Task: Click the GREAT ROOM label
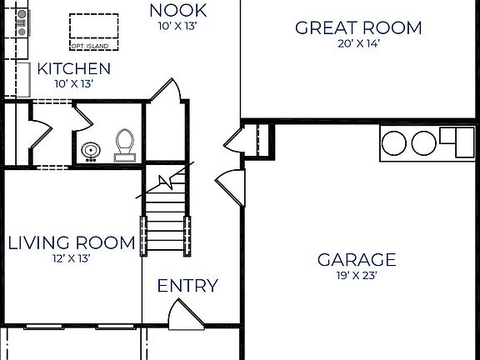[358, 27]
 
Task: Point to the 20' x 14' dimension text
[358, 44]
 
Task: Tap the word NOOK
[177, 11]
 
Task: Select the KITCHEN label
[74, 68]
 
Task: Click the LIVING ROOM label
[71, 242]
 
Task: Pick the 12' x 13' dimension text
[71, 258]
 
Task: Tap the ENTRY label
[187, 286]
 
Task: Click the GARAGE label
[357, 259]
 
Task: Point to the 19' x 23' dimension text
[357, 275]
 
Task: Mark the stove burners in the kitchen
[21, 23]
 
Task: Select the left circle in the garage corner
[396, 142]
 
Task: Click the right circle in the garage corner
[423, 142]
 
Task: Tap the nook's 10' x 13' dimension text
[177, 26]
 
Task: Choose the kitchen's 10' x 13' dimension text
[74, 83]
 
